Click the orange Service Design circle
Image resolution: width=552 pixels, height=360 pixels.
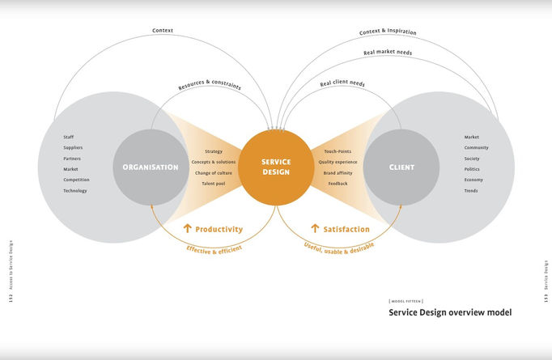(x=276, y=167)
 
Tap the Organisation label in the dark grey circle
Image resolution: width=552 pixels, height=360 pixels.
(x=150, y=167)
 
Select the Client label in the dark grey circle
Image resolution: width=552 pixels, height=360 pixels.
(x=401, y=167)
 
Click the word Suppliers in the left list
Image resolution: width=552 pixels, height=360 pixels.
(x=73, y=148)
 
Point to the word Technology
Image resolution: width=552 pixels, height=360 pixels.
(x=75, y=191)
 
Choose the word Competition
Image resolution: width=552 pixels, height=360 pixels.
(x=76, y=180)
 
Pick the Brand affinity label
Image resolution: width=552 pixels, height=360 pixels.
(x=338, y=173)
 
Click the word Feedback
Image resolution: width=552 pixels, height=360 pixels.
(x=338, y=184)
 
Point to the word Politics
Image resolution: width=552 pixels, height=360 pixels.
(x=472, y=169)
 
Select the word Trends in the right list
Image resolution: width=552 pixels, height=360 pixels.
(x=471, y=191)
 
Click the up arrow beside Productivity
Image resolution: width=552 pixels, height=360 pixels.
(x=188, y=229)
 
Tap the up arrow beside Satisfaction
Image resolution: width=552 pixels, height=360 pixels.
(x=315, y=229)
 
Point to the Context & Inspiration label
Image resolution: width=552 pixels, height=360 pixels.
(x=388, y=32)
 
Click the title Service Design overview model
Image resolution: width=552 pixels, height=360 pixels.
(x=450, y=312)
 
